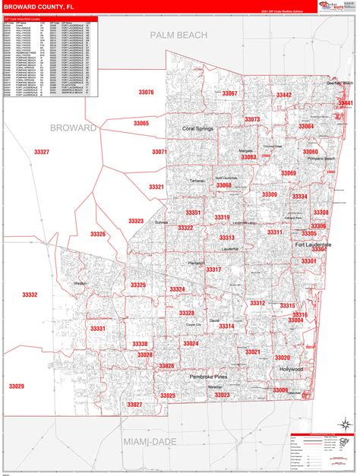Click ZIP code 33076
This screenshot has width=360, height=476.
coord(146,92)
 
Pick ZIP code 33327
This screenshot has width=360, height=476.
coord(42,152)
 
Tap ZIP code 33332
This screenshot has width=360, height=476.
coord(30,295)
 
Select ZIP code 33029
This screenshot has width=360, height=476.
coord(17,386)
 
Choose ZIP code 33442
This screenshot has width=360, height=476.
coord(283,95)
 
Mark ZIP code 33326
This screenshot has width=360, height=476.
coord(98,234)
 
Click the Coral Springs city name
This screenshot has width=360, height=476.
coord(198,129)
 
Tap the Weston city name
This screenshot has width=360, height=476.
coord(81,283)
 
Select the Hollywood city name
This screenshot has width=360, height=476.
coord(290,369)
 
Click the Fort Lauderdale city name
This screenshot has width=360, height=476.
coord(313,244)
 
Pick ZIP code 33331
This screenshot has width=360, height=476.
coord(98,329)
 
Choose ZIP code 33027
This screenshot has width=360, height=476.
coord(134,405)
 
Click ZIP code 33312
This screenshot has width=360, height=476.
coord(257,303)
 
